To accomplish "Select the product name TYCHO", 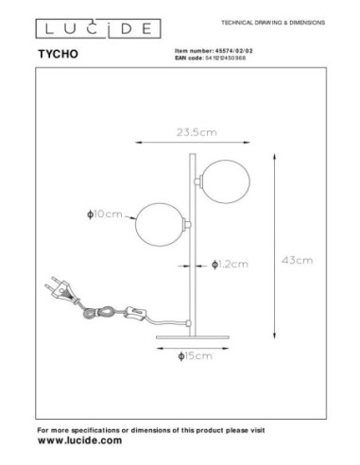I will pos(56,55).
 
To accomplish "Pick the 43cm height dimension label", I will pos(300,258).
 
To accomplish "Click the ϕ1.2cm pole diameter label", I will pos(232,264).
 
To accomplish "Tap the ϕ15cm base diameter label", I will pos(195,355).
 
